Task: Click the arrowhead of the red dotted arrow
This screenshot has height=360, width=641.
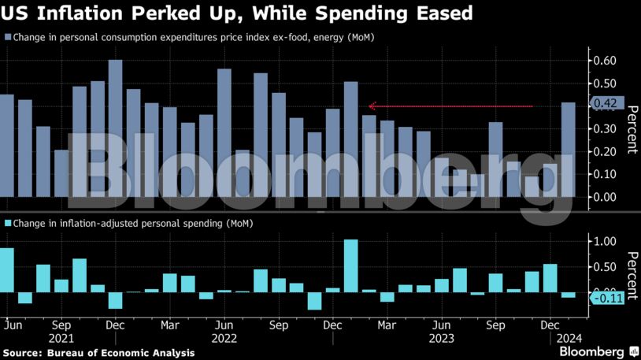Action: click(x=372, y=106)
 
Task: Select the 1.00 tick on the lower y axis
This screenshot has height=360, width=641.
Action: click(x=604, y=242)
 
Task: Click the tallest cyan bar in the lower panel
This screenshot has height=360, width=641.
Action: click(x=350, y=265)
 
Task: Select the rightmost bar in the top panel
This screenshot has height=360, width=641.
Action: click(x=568, y=149)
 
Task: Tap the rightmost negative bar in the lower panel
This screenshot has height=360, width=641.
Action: click(x=568, y=295)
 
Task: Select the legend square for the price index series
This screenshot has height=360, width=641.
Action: click(x=8, y=38)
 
